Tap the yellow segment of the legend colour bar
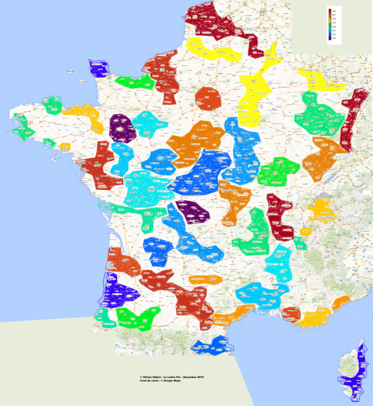[329, 22]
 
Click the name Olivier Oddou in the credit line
[155, 377]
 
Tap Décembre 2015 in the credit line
[201, 377]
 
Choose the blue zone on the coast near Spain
[210, 345]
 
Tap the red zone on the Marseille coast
[290, 314]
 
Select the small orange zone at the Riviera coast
[340, 302]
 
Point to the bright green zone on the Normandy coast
[134, 82]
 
